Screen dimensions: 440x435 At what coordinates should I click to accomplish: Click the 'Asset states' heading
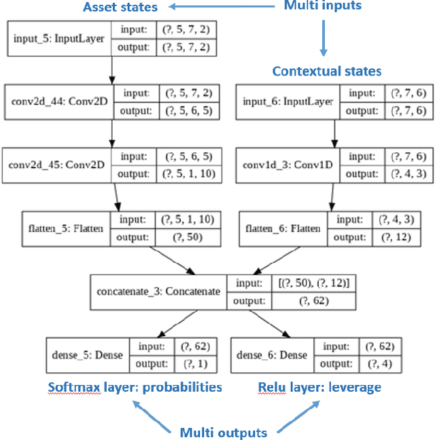pyautogui.click(x=120, y=8)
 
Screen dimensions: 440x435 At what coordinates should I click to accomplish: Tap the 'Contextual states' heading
pyautogui.click(x=327, y=71)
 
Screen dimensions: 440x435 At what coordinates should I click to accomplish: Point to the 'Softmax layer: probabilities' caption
pyautogui.click(x=135, y=387)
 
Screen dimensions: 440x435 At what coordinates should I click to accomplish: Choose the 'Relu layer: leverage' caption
pyautogui.click(x=319, y=387)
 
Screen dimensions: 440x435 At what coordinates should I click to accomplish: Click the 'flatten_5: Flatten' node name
pyautogui.click(x=68, y=229)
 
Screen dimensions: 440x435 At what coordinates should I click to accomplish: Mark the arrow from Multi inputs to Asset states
pyautogui.click(x=218, y=7)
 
